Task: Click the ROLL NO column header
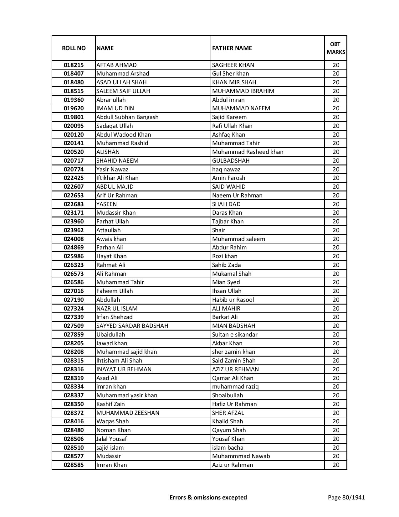pyautogui.click(x=74, y=48)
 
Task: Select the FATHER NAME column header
pyautogui.click(x=232, y=48)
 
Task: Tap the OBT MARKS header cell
pyautogui.click(x=336, y=48)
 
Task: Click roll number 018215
pyautogui.click(x=74, y=65)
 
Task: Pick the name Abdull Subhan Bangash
pyautogui.click(x=127, y=117)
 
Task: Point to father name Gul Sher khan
pyautogui.click(x=231, y=74)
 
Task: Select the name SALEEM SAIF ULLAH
pyautogui.click(x=123, y=91)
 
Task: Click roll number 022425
pyautogui.click(x=74, y=178)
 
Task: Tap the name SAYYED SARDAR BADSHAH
pyautogui.click(x=132, y=326)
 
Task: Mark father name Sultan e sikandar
pyautogui.click(x=235, y=335)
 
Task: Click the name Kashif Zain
pyautogui.click(x=111, y=404)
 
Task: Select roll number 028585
pyautogui.click(x=74, y=465)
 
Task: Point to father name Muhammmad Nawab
pyautogui.click(x=241, y=456)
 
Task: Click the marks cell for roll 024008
pyautogui.click(x=336, y=239)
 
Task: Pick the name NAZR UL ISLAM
pyautogui.click(x=117, y=309)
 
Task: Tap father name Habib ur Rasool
pyautogui.click(x=233, y=300)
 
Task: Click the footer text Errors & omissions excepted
pyautogui.click(x=208, y=497)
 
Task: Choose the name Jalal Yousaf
pyautogui.click(x=111, y=439)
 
